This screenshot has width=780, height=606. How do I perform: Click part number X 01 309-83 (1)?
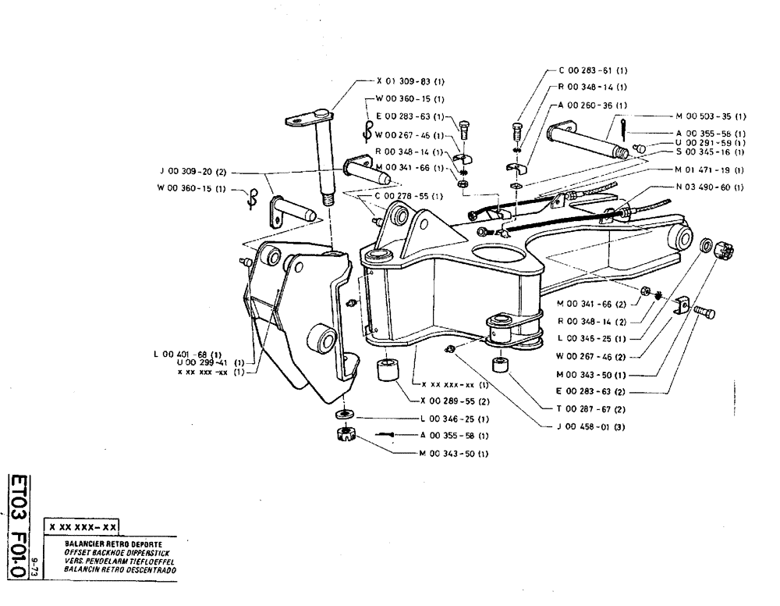[x=410, y=80]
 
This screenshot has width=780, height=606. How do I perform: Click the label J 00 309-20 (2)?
[x=192, y=170]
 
